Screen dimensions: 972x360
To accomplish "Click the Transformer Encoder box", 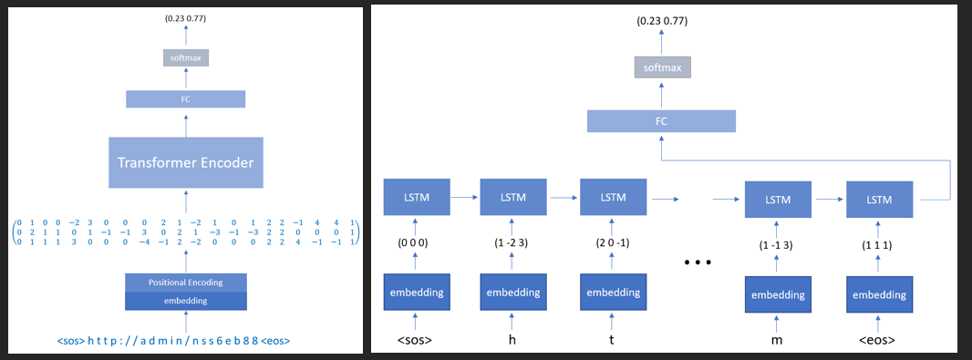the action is click(x=185, y=163).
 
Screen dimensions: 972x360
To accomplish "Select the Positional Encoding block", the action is click(x=185, y=282).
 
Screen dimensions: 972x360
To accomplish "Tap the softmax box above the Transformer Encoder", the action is click(x=186, y=57).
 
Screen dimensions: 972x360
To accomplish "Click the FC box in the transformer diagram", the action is click(x=185, y=99).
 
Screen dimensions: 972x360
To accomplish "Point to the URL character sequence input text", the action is click(x=185, y=341).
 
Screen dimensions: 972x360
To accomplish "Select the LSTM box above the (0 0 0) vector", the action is click(x=416, y=197).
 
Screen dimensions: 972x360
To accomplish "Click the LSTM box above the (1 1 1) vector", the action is click(x=879, y=198).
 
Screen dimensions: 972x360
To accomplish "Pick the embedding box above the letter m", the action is click(x=778, y=294).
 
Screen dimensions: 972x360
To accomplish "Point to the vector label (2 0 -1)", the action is click(x=611, y=244).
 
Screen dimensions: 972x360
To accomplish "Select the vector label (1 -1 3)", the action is click(x=778, y=245).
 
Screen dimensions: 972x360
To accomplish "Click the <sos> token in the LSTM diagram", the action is click(x=416, y=341).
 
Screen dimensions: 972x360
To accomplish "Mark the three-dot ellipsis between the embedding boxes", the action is click(x=698, y=263).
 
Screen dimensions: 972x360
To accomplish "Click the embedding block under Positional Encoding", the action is click(x=185, y=299).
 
